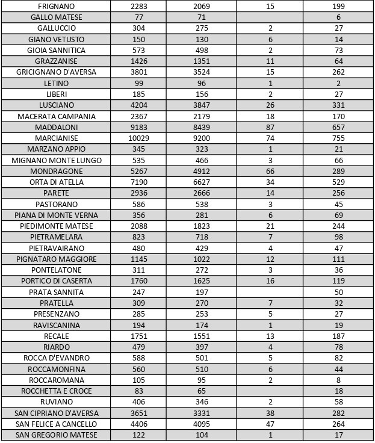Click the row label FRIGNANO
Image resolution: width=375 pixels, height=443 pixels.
pos(56,6)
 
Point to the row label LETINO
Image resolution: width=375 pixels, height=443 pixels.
pos(56,83)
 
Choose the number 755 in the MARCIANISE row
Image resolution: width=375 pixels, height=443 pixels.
pos(339,138)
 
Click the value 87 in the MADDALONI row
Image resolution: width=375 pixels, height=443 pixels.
pos(270,127)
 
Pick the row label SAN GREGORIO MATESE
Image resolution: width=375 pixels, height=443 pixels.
pos(56,435)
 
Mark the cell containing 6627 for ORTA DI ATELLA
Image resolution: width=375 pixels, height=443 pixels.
pos(199,182)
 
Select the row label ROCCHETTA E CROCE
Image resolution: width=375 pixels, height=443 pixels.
pos(56,391)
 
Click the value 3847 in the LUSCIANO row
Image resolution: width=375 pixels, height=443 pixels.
pos(199,105)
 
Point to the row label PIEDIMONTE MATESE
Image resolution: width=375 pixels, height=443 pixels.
pos(56,226)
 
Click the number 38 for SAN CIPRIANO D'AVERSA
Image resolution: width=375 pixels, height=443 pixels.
pos(270,413)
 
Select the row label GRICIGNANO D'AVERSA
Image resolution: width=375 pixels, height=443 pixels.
pos(56,72)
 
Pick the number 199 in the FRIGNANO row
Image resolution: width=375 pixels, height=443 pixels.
pos(339,6)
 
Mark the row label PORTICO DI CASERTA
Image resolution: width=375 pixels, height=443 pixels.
pos(56,281)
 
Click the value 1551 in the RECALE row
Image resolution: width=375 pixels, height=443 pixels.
pos(199,336)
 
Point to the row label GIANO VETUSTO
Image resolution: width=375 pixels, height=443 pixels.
pos(56,39)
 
